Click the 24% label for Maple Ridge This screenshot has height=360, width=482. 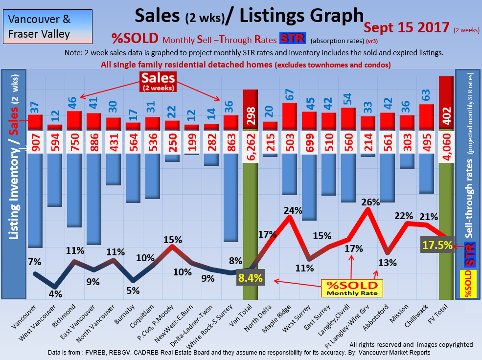click(x=292, y=211)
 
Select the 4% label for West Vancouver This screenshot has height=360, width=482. click(x=55, y=294)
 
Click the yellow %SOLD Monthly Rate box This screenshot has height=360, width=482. click(x=352, y=288)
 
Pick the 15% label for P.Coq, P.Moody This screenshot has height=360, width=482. click(x=173, y=240)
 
